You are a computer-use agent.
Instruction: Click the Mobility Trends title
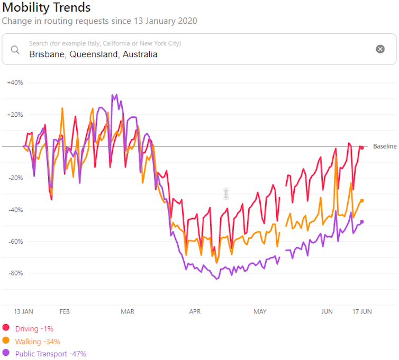pyautogui.click(x=47, y=8)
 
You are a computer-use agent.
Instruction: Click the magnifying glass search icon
pyautogui.click(x=15, y=50)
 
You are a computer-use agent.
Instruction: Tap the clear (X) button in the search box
pyautogui.click(x=380, y=49)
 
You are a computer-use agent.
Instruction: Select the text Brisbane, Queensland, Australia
pyautogui.click(x=93, y=54)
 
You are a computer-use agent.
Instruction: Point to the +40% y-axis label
pyautogui.click(x=15, y=82)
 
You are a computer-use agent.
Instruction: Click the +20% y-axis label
pyautogui.click(x=15, y=115)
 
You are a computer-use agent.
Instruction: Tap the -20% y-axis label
pyautogui.click(x=15, y=178)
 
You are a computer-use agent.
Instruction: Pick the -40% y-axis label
pyautogui.click(x=15, y=210)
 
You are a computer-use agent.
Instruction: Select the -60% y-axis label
pyautogui.click(x=15, y=242)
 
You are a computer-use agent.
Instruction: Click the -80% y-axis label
pyautogui.click(x=15, y=273)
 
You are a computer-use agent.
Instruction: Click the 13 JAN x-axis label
pyautogui.click(x=23, y=312)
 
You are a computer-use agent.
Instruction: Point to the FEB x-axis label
pyautogui.click(x=65, y=312)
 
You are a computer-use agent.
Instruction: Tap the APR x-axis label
pyautogui.click(x=195, y=312)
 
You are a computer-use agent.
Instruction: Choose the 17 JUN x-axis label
pyautogui.click(x=362, y=312)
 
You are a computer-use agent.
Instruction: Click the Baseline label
pyautogui.click(x=384, y=146)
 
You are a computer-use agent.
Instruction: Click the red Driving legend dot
pyautogui.click(x=6, y=328)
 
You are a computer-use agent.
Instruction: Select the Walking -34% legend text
pyautogui.click(x=38, y=341)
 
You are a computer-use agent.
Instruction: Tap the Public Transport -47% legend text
pyautogui.click(x=50, y=354)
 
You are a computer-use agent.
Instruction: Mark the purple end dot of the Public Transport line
pyautogui.click(x=362, y=221)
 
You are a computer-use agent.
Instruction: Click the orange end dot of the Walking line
pyautogui.click(x=362, y=200)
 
